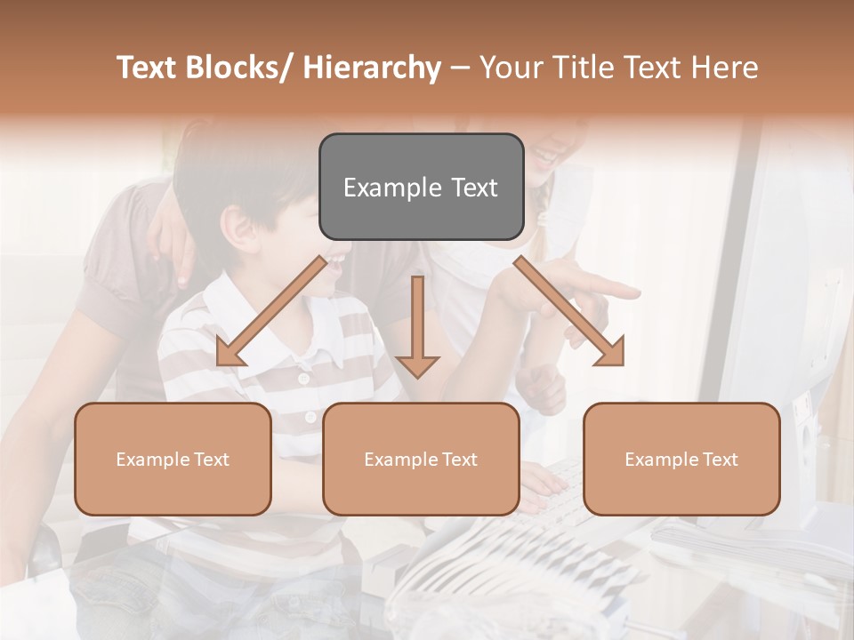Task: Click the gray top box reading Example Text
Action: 421,187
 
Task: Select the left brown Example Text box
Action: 173,459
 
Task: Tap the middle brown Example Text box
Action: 421,459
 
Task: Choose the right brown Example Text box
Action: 681,459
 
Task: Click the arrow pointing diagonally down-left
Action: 271,311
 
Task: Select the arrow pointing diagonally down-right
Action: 569,311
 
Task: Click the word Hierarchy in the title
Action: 372,68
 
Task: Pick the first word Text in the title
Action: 147,68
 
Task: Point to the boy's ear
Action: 236,230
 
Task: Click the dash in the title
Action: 460,68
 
